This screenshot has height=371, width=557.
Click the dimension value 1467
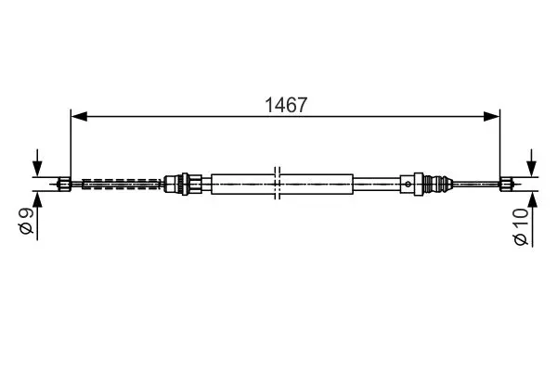[x=286, y=105]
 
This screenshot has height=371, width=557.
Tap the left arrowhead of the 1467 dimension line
[x=79, y=116]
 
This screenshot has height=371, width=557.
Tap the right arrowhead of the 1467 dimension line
[x=492, y=116]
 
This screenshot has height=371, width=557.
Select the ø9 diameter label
[x=27, y=221]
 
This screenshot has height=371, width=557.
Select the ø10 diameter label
[x=521, y=227]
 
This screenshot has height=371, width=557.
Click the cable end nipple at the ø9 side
[x=64, y=184]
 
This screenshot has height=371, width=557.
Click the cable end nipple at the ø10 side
[x=506, y=184]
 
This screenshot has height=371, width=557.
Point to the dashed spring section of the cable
[x=121, y=184]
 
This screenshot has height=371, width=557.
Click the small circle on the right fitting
[x=408, y=184]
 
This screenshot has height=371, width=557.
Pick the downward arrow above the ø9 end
[x=37, y=162]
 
